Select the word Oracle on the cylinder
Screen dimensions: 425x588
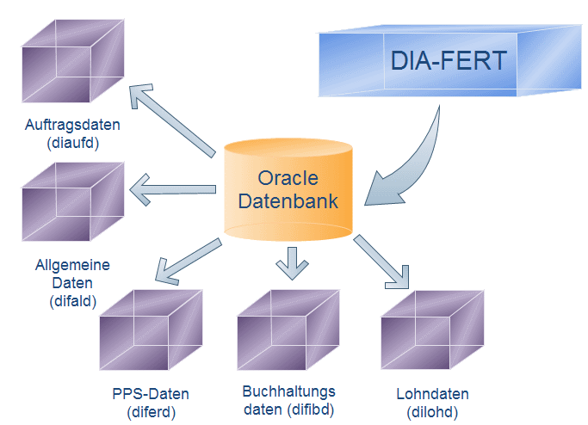(288, 178)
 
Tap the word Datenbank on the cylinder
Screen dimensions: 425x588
(288, 202)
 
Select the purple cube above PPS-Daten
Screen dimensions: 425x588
(150, 332)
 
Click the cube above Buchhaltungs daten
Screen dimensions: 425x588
(288, 331)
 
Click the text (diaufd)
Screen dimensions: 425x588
(72, 143)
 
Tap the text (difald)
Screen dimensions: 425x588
(73, 299)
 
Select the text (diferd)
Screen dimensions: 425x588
(150, 411)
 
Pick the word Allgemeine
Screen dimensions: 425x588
(73, 264)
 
